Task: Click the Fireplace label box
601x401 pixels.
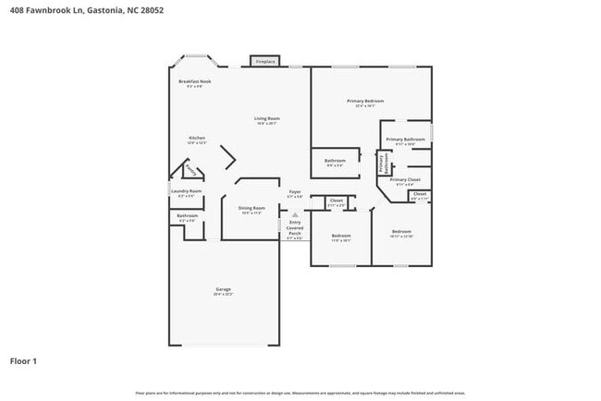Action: (264, 62)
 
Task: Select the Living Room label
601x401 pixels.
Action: (267, 118)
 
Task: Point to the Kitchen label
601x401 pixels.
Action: (197, 139)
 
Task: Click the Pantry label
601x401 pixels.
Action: (190, 169)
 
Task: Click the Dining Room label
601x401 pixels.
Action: (251, 208)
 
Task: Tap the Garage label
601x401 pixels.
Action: (223, 289)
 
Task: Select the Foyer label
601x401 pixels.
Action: (294, 192)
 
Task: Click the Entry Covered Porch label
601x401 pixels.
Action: (295, 228)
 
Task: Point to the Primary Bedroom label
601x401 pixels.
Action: (365, 101)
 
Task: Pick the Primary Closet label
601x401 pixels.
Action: (405, 179)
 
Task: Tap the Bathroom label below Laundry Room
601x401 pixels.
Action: (187, 216)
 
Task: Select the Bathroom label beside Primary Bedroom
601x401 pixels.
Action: (335, 161)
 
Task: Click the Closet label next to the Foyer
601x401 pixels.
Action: (337, 200)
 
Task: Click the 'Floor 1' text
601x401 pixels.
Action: (23, 360)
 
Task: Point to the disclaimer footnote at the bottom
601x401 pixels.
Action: (300, 392)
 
